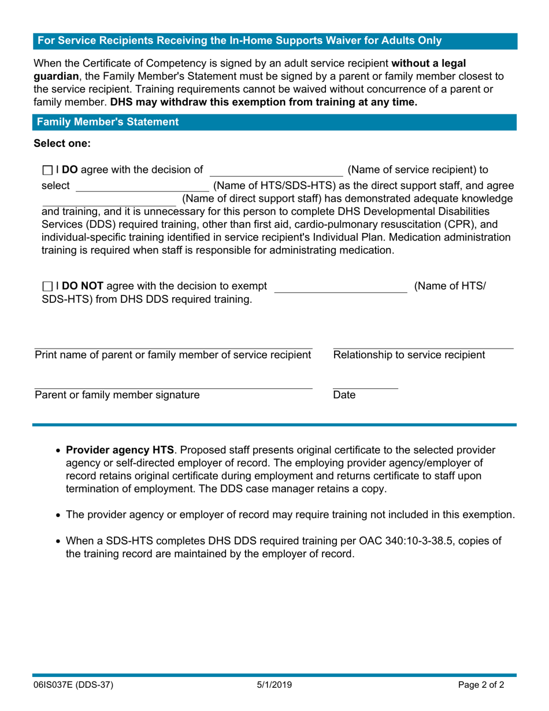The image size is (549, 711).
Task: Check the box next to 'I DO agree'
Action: (x=47, y=170)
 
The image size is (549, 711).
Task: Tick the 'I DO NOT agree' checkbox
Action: (x=47, y=285)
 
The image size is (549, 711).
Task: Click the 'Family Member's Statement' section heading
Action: (x=107, y=122)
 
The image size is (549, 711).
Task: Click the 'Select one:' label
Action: (x=62, y=143)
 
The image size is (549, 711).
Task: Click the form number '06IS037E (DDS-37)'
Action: (x=73, y=686)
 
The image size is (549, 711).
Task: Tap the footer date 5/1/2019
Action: (x=274, y=686)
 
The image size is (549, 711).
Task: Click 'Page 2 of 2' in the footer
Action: (x=485, y=686)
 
